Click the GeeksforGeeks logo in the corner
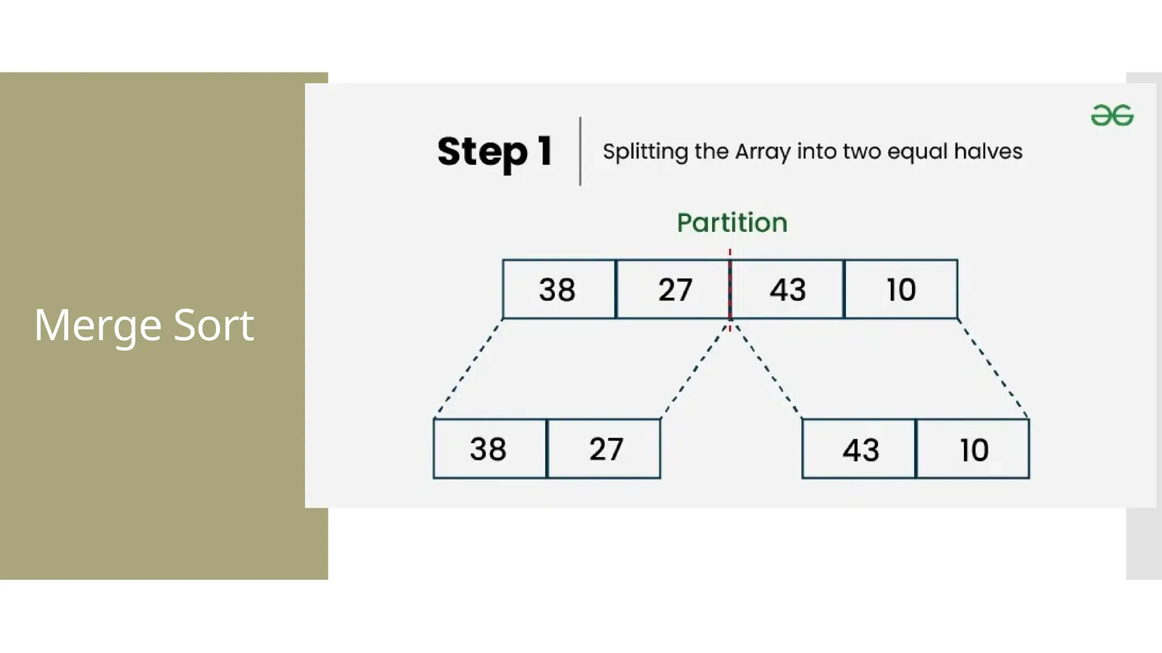click(1112, 115)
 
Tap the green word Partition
click(732, 222)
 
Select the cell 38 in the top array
click(558, 289)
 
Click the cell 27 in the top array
click(673, 289)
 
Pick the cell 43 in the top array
click(788, 289)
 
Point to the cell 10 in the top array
click(901, 289)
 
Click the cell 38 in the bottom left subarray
click(489, 449)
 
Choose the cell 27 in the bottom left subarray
click(605, 449)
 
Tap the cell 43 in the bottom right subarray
click(859, 450)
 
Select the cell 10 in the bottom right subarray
click(973, 450)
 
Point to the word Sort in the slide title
click(213, 325)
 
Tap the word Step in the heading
click(482, 152)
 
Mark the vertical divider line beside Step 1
click(580, 151)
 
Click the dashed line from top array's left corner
click(469, 368)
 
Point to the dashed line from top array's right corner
click(993, 368)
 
